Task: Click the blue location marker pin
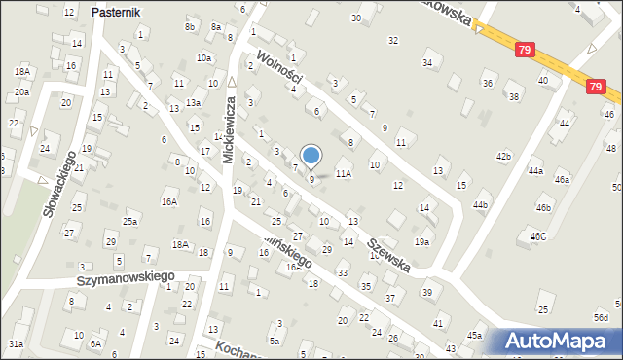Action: point(311,156)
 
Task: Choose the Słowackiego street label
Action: point(58,190)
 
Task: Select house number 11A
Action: point(343,173)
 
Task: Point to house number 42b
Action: point(503,156)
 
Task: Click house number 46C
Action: point(538,236)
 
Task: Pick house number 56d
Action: point(602,317)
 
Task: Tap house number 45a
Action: point(474,336)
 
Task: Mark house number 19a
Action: point(421,241)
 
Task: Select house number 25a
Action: point(130,222)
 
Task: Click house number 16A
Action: point(169,201)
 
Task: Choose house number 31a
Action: point(16,343)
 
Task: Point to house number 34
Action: point(426,62)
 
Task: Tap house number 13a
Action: point(194,102)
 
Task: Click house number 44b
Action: point(480,205)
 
